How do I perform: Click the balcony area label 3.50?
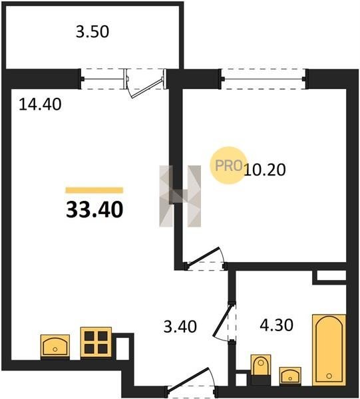coord(92,32)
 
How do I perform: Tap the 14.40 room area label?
coord(40,104)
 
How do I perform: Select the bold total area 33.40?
coord(94,209)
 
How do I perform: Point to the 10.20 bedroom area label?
coord(265,170)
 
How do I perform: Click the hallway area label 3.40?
coord(180,327)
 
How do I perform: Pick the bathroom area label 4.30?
coord(277,325)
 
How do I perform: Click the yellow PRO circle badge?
coord(228,166)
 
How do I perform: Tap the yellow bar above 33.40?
coord(94,190)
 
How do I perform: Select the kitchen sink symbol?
coord(55,346)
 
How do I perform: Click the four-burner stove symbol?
coord(96,342)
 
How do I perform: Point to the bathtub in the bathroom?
coord(329,350)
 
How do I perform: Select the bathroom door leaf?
coord(224,320)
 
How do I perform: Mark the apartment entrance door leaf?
coord(189,379)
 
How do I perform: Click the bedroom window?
coord(264,79)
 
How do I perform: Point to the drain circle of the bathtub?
coord(329,376)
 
